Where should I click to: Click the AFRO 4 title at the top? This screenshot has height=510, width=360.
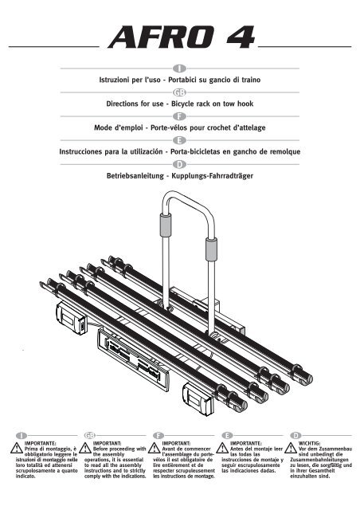(182, 37)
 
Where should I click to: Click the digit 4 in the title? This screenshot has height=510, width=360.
(241, 37)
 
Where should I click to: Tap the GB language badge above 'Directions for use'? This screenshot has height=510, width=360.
(179, 92)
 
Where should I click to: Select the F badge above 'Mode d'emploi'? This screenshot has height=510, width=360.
(179, 116)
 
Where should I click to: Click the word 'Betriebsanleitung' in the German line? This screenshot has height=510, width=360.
(135, 176)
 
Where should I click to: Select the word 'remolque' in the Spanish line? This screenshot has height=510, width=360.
(284, 151)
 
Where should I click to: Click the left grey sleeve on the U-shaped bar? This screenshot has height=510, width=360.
(166, 225)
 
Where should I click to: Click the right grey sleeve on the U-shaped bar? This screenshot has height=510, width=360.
(211, 249)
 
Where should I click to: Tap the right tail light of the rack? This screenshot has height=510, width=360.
(198, 398)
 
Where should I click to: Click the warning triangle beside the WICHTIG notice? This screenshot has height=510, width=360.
(291, 448)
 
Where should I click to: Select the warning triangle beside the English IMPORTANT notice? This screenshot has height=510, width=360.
(85, 448)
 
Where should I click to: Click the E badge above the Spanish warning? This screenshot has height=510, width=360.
(227, 435)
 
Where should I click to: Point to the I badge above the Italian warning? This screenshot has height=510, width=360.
(22, 435)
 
